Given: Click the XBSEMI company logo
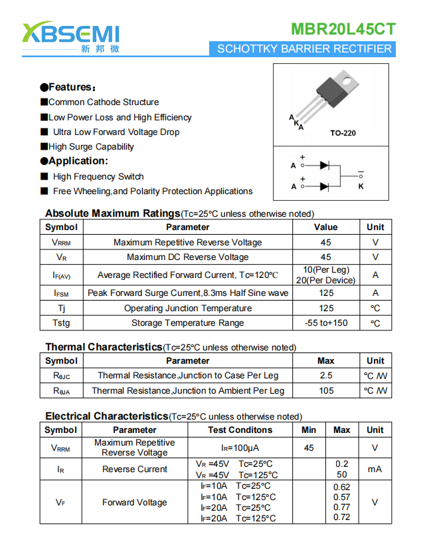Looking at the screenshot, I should click(70, 37).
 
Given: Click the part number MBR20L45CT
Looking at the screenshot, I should click(343, 29).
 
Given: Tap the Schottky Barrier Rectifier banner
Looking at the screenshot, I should click(304, 49).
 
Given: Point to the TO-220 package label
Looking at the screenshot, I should click(343, 133).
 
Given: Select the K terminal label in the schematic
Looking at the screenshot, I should click(361, 186).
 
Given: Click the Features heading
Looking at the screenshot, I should click(68, 87).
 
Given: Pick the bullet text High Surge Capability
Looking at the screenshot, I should click(91, 146).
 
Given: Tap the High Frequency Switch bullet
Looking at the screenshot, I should click(98, 176).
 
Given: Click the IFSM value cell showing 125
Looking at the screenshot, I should click(325, 293).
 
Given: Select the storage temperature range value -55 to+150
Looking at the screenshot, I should click(325, 323).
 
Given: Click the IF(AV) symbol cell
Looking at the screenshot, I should click(62, 275).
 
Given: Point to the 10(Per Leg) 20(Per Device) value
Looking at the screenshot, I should click(325, 275).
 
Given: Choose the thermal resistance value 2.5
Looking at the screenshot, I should click(325, 376).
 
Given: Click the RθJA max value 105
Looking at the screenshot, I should click(325, 391).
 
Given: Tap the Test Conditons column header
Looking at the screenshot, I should click(240, 430).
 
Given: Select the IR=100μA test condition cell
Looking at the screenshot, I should click(240, 448).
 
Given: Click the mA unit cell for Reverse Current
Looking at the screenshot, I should click(375, 469).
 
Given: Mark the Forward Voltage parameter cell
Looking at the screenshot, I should click(134, 503).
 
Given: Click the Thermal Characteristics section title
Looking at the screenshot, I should click(104, 347).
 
